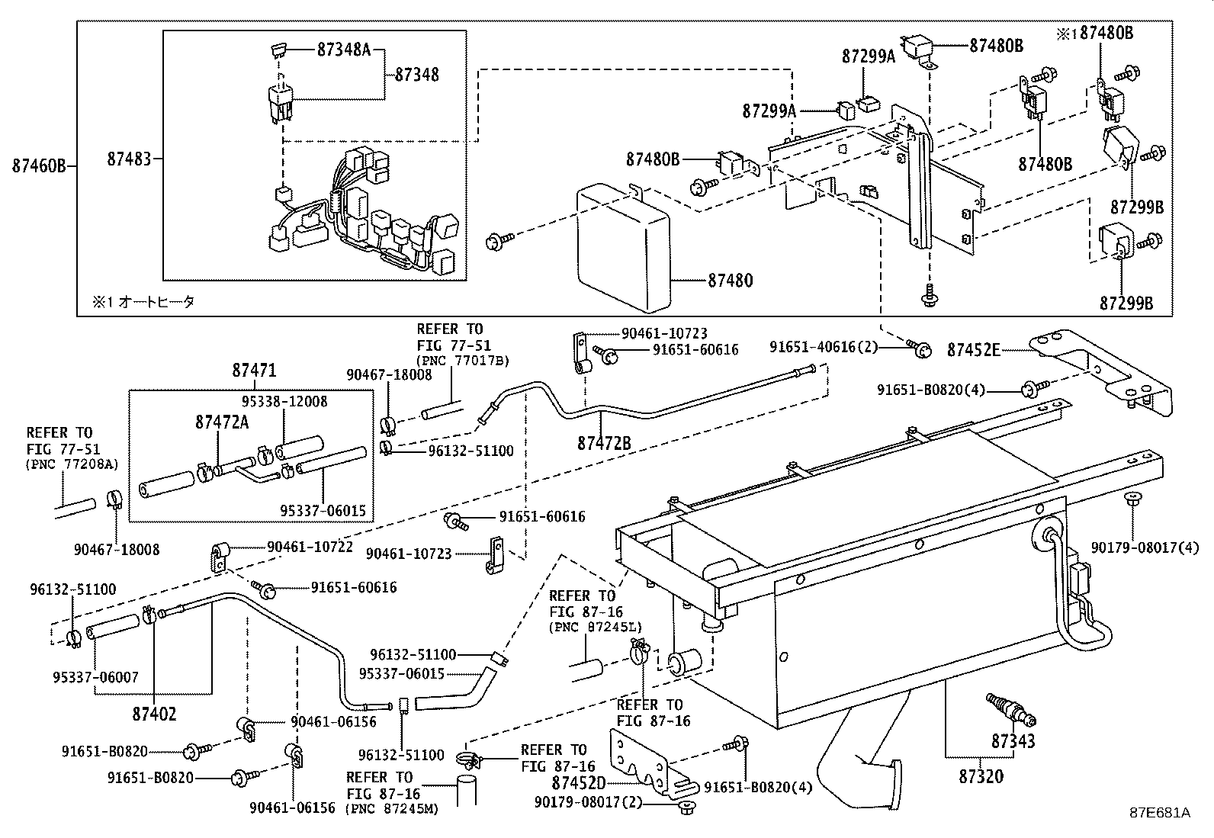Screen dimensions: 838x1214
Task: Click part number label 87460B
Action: [39, 165]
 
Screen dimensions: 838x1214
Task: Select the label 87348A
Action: [343, 50]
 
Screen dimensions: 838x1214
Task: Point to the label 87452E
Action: [973, 350]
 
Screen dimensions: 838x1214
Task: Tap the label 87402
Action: [154, 714]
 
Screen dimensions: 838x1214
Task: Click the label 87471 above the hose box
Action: [254, 371]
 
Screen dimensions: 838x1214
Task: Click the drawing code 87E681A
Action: [1160, 813]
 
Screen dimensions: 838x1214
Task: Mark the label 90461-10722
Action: [310, 547]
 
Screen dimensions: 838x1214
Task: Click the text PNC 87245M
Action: [392, 809]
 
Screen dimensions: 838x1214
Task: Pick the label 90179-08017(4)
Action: [1144, 547]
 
